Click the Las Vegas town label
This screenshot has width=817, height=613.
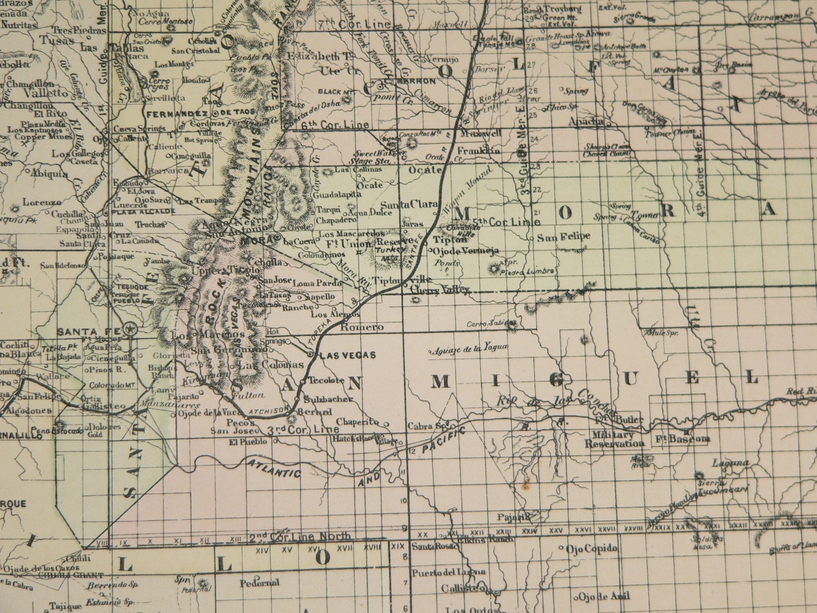(x=347, y=355)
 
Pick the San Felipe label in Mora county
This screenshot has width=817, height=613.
(x=563, y=237)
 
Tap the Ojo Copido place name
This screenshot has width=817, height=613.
(x=591, y=549)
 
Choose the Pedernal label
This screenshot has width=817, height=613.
(x=259, y=583)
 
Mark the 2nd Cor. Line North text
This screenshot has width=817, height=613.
(x=300, y=537)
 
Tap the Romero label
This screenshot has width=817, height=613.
(x=362, y=327)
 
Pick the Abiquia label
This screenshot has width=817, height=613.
(x=49, y=173)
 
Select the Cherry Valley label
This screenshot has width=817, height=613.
(x=440, y=290)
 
